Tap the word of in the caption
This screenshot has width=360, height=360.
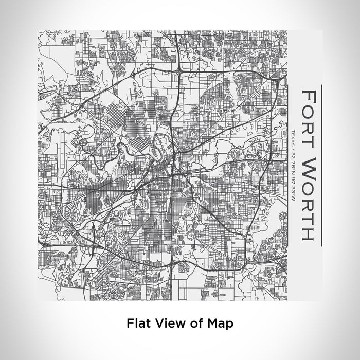point(190,323)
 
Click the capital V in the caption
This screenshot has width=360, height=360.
point(155,323)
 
